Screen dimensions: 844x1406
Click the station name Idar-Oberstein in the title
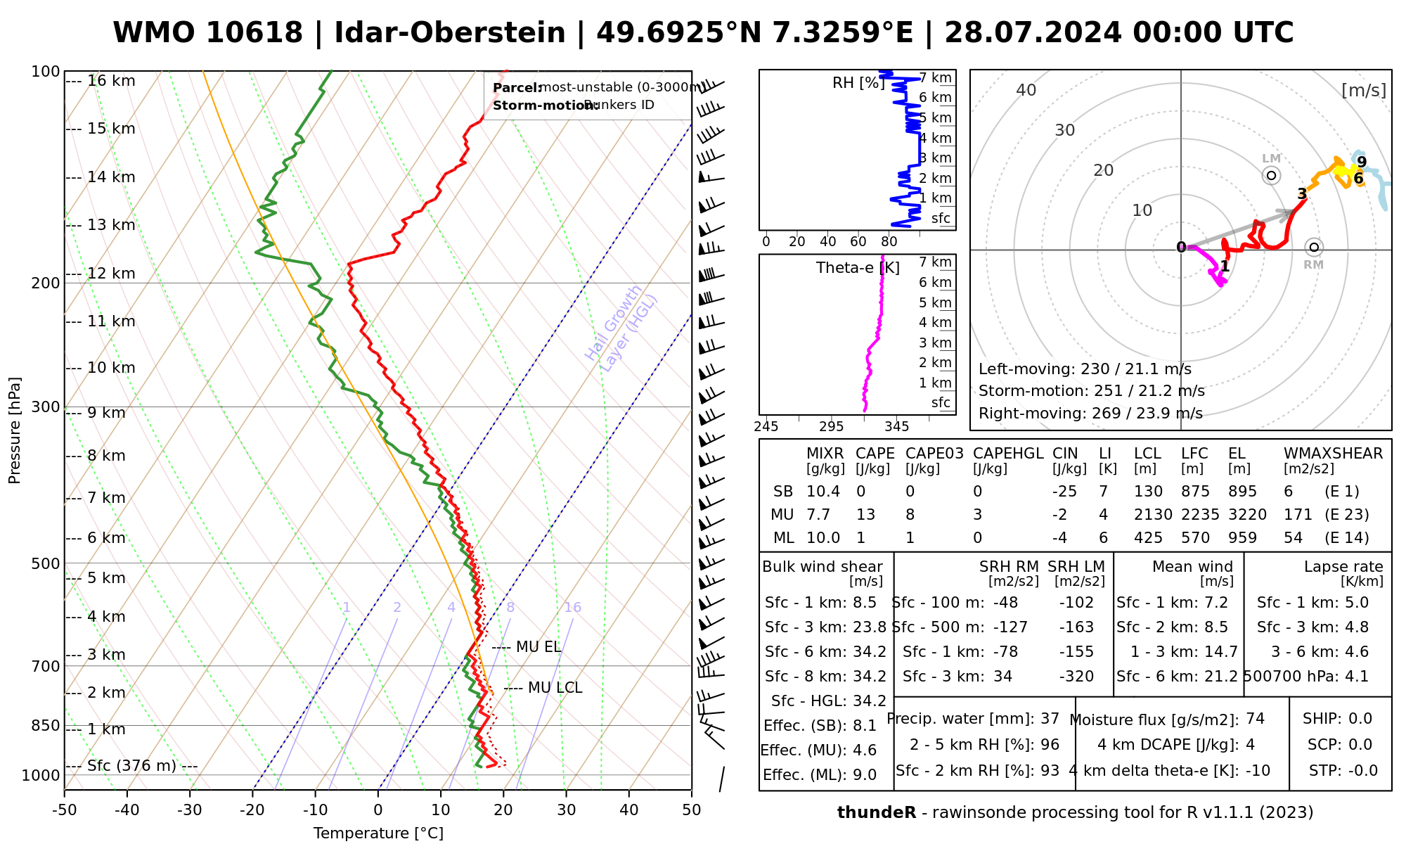click(450, 33)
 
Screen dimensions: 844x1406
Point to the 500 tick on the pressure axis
click(46, 563)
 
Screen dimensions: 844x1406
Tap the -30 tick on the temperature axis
click(190, 810)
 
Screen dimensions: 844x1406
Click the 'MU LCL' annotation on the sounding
click(555, 688)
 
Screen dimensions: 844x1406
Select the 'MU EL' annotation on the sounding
click(538, 647)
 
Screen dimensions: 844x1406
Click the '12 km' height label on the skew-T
click(111, 274)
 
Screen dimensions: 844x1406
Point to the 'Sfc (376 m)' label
click(131, 766)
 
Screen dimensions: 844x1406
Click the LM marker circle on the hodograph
click(1271, 175)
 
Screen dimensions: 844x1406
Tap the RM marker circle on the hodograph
click(1314, 248)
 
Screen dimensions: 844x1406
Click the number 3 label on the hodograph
click(1302, 194)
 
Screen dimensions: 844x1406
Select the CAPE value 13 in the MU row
click(865, 515)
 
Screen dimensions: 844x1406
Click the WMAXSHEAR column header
click(1333, 454)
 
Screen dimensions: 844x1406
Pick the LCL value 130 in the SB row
click(1148, 492)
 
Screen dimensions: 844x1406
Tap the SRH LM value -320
click(1076, 677)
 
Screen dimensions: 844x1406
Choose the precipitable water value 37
click(1050, 719)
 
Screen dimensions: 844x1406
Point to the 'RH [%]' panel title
click(858, 83)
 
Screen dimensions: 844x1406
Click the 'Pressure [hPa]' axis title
click(15, 430)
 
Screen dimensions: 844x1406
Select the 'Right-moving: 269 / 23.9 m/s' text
click(1090, 414)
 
